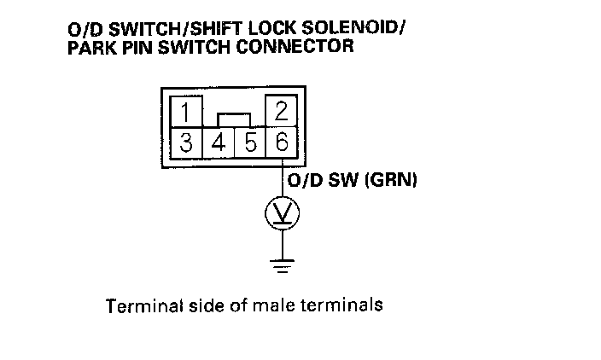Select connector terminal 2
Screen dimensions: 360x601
281,113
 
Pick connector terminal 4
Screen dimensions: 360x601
219,141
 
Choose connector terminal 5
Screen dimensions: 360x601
250,141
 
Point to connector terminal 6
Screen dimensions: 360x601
282,141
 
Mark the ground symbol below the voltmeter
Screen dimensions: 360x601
282,264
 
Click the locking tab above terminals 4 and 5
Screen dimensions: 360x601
234,119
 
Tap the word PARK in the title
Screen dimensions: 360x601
89,46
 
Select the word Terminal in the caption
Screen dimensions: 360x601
137,305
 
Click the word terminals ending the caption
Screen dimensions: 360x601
346,305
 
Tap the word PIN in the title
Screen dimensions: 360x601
134,46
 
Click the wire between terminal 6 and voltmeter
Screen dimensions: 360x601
282,179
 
